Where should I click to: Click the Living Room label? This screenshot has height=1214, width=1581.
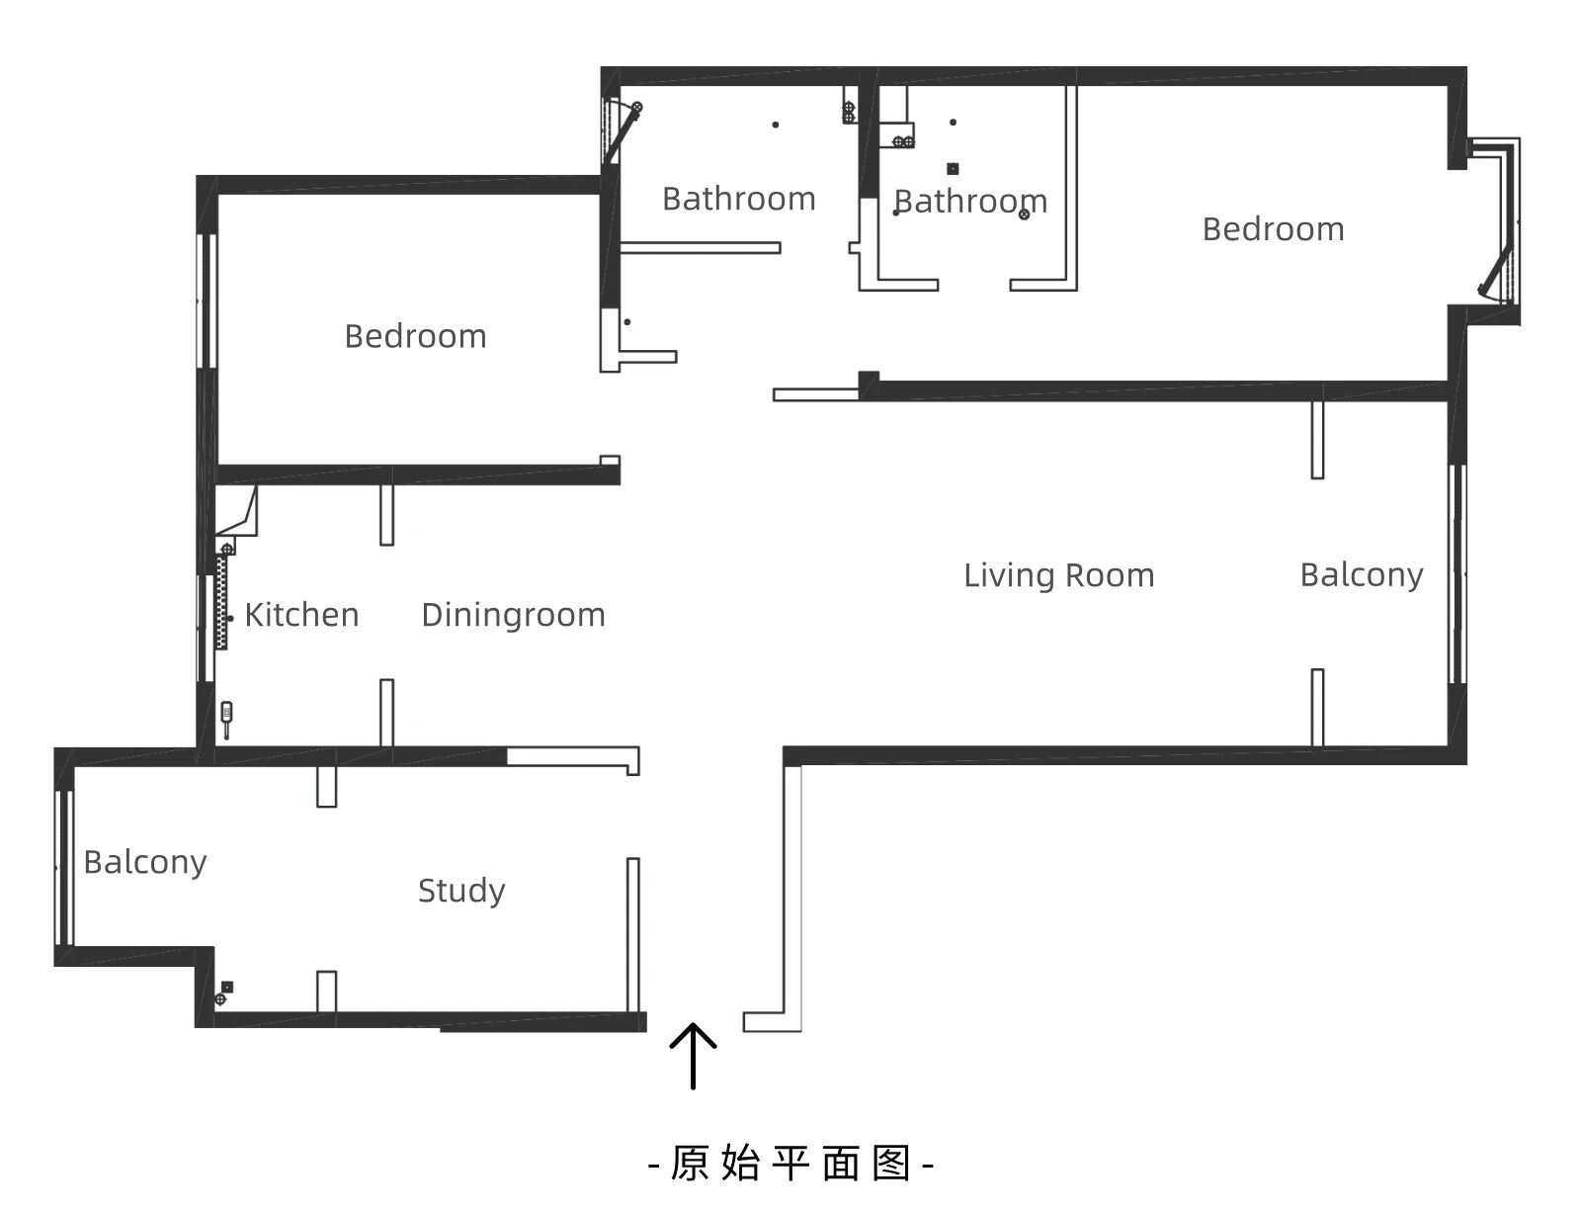tap(1058, 575)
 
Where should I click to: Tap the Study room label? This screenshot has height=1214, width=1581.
tap(460, 891)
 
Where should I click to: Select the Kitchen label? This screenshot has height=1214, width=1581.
tap(301, 615)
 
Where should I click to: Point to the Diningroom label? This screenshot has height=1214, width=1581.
tap(513, 615)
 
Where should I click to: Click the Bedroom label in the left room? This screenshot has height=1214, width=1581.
tap(415, 336)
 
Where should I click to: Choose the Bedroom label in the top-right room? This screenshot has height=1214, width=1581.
tap(1273, 229)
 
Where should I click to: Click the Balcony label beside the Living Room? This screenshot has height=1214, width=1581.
tap(1361, 574)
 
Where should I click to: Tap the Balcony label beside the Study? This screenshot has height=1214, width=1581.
tap(145, 862)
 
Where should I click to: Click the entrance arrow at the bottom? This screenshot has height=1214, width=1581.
tap(693, 1055)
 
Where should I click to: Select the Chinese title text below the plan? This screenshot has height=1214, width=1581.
tap(790, 1164)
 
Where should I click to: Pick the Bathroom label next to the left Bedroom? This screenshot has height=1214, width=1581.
tap(738, 199)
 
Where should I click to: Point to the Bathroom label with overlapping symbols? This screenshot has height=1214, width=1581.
tap(969, 202)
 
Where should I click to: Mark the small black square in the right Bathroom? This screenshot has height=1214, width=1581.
tap(953, 168)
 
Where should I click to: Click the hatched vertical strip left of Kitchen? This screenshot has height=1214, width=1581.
tap(221, 603)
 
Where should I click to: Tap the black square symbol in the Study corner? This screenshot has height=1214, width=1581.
tap(227, 986)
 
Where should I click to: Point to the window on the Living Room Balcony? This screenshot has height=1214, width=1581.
tap(1456, 573)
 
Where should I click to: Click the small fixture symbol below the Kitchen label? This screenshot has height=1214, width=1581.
tap(226, 716)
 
